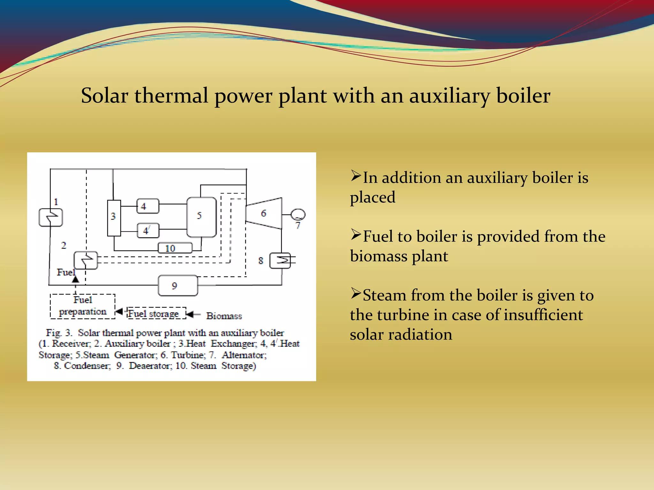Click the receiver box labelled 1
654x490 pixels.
tap(50, 217)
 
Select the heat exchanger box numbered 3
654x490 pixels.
tap(114, 218)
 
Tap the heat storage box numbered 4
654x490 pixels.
tap(148, 206)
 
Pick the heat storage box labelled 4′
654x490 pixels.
tap(148, 230)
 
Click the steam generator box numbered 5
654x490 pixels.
tap(202, 217)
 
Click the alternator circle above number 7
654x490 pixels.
tap(298, 214)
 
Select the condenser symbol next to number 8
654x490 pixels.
tap(280, 261)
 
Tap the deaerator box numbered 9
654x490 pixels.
tap(178, 286)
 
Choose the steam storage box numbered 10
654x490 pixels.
tap(175, 248)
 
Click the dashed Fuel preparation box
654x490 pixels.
tap(82, 306)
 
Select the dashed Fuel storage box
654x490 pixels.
tap(156, 313)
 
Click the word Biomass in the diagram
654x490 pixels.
tap(224, 316)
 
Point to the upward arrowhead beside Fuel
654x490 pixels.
tap(75, 279)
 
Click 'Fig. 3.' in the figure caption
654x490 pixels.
tap(59, 333)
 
